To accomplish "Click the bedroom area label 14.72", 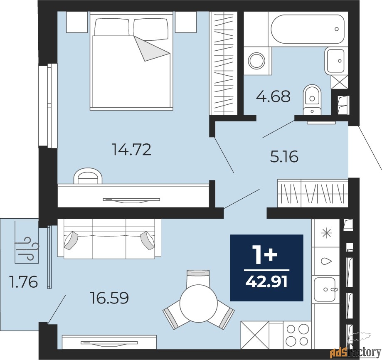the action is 131,149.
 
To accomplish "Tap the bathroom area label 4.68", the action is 273,96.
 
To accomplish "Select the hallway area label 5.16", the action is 284,157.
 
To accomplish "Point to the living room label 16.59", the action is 109,298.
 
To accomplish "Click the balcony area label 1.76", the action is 23,281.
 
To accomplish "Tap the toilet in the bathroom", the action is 312,99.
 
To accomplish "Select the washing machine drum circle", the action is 256,61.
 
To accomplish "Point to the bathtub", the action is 308,29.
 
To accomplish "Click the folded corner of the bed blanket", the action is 151,49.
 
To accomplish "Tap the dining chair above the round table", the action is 198,278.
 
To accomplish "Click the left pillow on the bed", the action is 112,27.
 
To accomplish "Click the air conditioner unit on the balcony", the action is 27,242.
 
